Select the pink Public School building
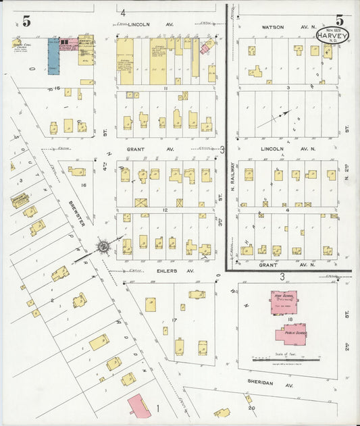click(x=292, y=333)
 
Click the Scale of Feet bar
click(x=283, y=359)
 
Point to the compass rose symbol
click(x=103, y=246)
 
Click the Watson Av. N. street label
click(x=276, y=27)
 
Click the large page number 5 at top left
click(x=26, y=22)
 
